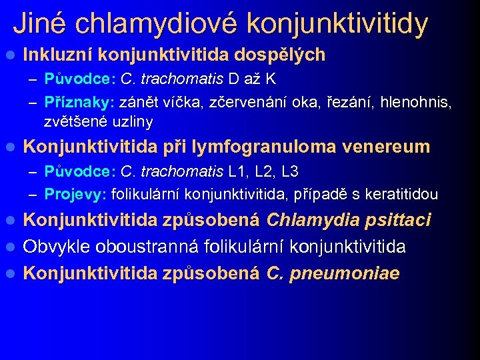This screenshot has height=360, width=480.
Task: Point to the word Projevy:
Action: (75, 195)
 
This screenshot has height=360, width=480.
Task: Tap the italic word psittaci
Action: (397, 220)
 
